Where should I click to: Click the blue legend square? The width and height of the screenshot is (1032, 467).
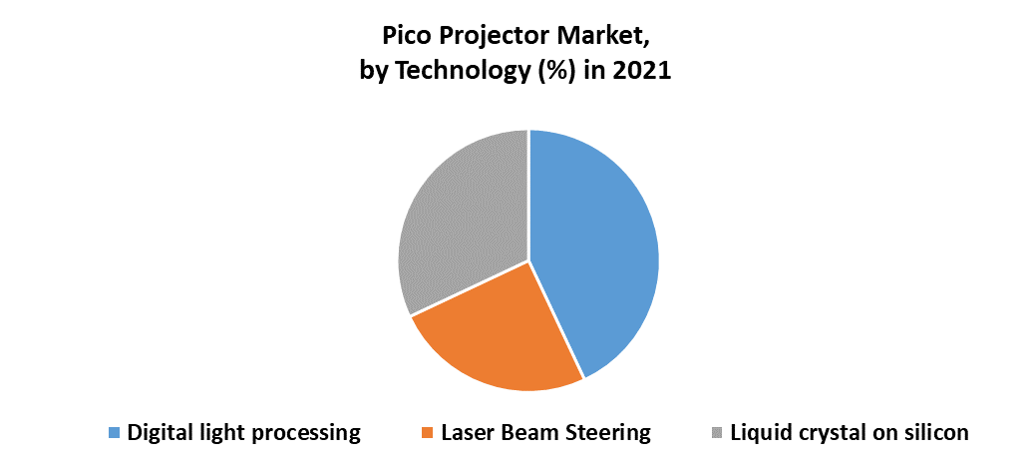tap(114, 433)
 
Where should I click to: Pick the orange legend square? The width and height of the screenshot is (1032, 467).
tap(428, 433)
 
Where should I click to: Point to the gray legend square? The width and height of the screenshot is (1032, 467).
tap(717, 433)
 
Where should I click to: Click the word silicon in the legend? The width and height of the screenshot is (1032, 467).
tap(937, 433)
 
